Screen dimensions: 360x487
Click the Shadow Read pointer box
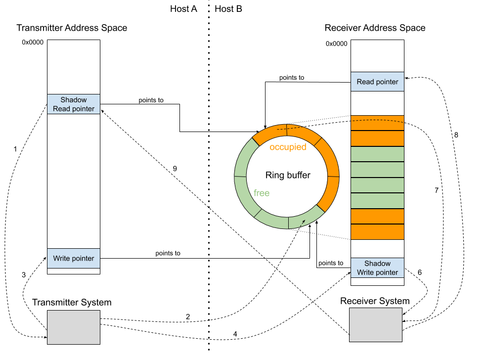click(x=74, y=104)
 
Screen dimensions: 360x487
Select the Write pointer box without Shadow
click(x=74, y=258)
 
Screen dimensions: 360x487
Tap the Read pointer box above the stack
click(x=377, y=82)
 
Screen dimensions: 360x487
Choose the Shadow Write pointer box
click(x=377, y=268)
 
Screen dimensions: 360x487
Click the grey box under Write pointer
click(x=74, y=327)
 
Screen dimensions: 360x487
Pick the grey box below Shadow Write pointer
click(x=376, y=325)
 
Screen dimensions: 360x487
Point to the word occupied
click(x=288, y=147)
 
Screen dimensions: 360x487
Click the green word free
click(x=262, y=193)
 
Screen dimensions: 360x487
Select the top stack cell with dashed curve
click(x=377, y=123)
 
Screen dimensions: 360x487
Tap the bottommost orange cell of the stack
click(x=377, y=232)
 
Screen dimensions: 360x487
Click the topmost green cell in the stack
click(x=377, y=154)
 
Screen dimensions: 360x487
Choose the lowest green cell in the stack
click(x=377, y=201)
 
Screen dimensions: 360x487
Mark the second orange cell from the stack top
click(x=377, y=138)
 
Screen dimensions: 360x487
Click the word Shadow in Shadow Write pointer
click(x=377, y=264)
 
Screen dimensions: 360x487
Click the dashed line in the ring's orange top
click(x=289, y=129)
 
